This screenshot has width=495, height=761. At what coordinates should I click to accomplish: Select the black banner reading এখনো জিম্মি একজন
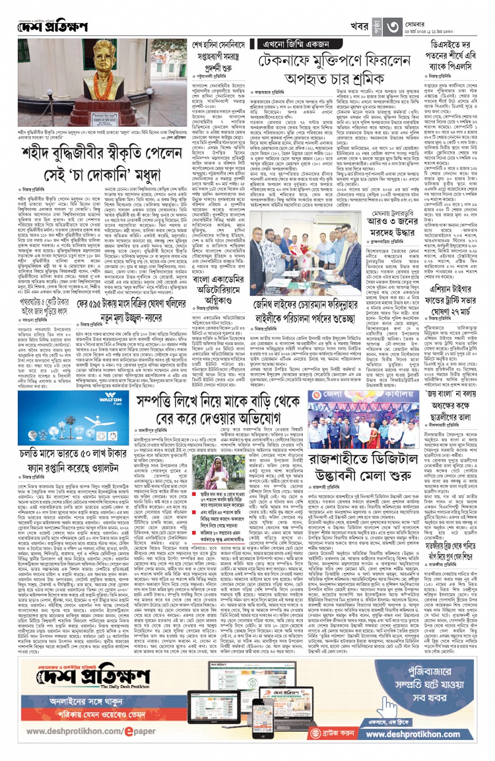coord(297,45)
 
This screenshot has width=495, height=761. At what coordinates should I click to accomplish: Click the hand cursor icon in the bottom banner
coord(314,733)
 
